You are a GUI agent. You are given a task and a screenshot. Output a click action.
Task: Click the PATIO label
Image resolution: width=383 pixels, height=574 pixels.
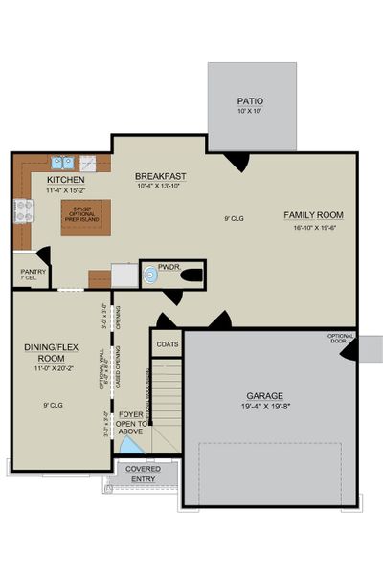(251, 100)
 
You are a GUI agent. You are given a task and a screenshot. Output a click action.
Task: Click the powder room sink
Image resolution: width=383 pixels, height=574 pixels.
(150, 276)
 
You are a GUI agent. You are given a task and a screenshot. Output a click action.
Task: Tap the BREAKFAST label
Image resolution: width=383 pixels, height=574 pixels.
(159, 176)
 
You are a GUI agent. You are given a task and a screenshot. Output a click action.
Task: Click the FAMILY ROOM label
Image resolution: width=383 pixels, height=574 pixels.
(312, 215)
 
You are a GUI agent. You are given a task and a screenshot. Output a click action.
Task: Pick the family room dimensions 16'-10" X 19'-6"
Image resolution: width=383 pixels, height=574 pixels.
(312, 227)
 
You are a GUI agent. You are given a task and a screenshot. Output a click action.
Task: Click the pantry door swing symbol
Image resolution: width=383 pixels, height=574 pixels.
(43, 257)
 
